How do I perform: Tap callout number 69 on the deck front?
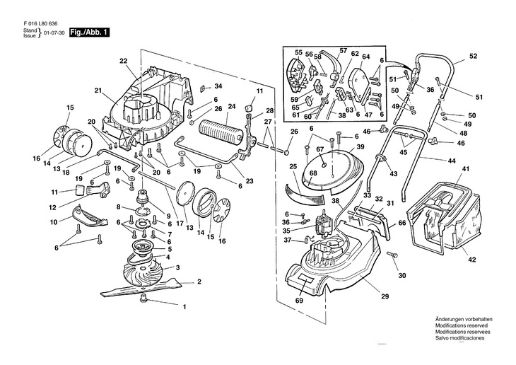click(x=300, y=301)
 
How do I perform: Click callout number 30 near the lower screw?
click(x=402, y=275)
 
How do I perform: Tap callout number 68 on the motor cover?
click(x=313, y=173)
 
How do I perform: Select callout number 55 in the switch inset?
click(x=298, y=53)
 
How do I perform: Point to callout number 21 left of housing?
click(x=98, y=90)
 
